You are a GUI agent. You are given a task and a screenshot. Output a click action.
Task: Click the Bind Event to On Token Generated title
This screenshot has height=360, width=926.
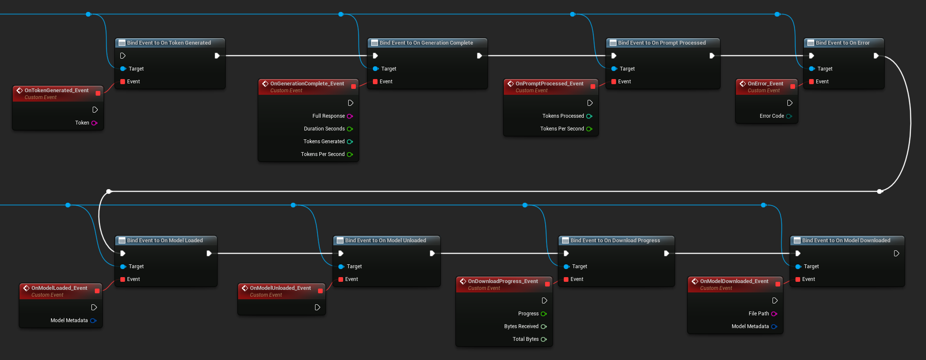click(x=169, y=43)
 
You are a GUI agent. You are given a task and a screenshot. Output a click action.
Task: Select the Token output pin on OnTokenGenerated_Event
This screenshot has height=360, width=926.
click(x=94, y=123)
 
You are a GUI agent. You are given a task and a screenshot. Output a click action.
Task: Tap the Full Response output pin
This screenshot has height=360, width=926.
click(x=350, y=116)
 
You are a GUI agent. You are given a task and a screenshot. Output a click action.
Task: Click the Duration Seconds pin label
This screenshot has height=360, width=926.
click(x=324, y=129)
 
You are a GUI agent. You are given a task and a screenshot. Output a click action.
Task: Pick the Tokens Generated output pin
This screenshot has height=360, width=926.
click(x=350, y=142)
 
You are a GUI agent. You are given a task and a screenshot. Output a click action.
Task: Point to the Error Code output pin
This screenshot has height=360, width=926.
click(x=789, y=116)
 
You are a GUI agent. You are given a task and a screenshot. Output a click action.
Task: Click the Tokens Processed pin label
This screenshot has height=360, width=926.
click(x=563, y=116)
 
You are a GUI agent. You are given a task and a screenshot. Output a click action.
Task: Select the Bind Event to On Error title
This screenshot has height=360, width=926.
click(x=842, y=43)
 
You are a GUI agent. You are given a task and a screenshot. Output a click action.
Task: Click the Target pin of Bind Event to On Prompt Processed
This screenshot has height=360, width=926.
click(x=614, y=69)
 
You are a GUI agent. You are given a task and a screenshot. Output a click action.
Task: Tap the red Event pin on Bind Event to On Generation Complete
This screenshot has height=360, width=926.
click(x=375, y=82)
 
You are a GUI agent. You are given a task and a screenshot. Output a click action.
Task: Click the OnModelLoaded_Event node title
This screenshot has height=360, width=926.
click(x=59, y=288)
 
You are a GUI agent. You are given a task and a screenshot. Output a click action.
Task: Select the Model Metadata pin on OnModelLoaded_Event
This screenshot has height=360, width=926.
click(x=93, y=320)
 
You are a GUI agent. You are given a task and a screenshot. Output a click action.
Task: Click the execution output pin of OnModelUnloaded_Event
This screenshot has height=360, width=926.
click(x=317, y=307)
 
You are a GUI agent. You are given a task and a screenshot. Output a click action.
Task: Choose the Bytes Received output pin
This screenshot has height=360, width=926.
click(x=544, y=326)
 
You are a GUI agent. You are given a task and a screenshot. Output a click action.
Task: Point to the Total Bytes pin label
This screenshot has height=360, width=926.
click(x=525, y=339)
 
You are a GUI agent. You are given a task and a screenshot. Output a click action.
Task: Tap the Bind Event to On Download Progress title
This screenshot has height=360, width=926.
click(x=615, y=241)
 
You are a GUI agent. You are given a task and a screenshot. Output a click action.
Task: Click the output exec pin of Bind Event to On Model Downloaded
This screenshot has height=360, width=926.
click(x=896, y=253)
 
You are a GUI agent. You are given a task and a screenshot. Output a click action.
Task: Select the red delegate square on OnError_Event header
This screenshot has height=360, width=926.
click(x=792, y=86)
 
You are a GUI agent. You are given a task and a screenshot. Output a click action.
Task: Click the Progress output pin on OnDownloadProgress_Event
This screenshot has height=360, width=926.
click(x=544, y=314)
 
